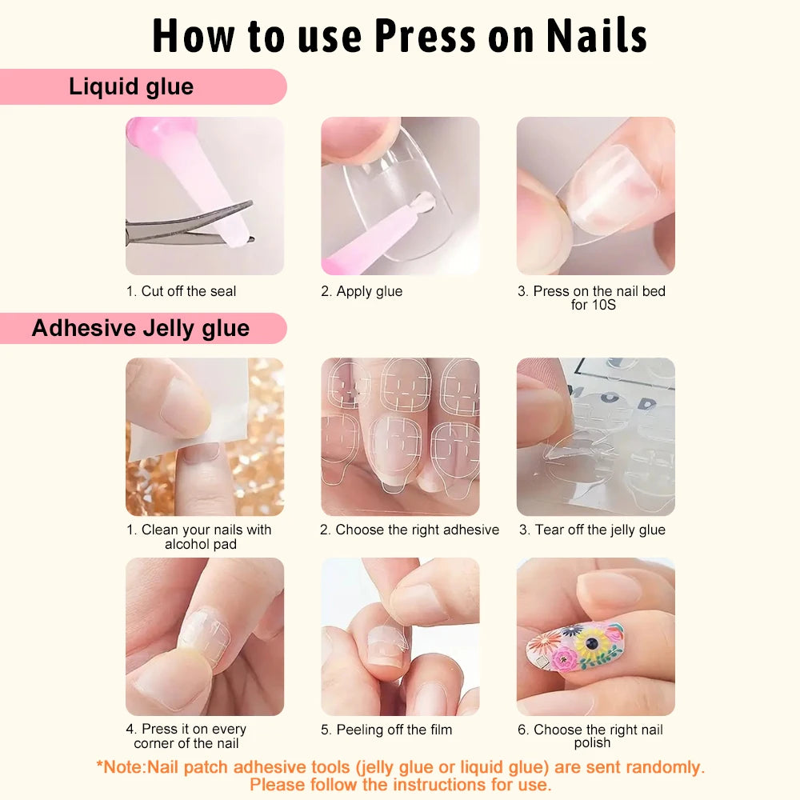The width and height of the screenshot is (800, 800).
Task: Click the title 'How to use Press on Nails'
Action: click(400, 36)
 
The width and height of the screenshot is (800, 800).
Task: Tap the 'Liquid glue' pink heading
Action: click(131, 86)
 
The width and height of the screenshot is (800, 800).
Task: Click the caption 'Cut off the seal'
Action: click(182, 291)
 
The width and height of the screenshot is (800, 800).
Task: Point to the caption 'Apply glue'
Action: click(362, 291)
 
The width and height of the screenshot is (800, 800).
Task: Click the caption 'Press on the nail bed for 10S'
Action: click(592, 298)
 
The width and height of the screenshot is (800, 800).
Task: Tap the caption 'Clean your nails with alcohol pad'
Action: click(199, 537)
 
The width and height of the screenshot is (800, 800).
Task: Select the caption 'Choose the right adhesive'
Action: click(410, 530)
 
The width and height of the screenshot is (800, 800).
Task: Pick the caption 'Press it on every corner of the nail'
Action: click(186, 736)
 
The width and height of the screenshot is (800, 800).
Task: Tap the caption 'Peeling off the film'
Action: click(386, 730)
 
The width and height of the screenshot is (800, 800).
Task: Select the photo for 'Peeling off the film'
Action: click(400, 636)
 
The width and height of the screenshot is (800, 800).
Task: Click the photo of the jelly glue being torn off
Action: click(595, 436)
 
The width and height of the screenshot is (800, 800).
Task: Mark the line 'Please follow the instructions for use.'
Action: click(400, 785)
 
